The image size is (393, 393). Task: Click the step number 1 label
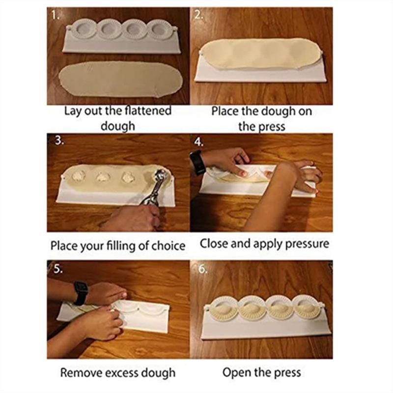click(x=55, y=15)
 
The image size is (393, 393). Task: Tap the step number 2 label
click(x=198, y=15)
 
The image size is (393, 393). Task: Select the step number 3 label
click(x=59, y=141)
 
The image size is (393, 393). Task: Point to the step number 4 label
click(x=198, y=142)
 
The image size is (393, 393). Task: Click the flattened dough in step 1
click(x=120, y=79)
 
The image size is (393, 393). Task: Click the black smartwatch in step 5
click(x=80, y=293)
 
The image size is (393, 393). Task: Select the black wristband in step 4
click(x=197, y=162)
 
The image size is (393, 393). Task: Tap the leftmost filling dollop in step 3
click(x=79, y=175)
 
